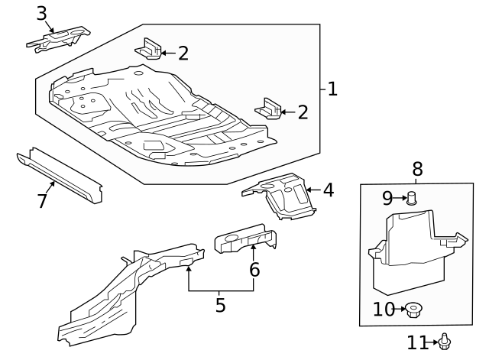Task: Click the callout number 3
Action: tap(41, 14)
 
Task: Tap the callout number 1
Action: tap(332, 89)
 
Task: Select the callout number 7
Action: tap(43, 200)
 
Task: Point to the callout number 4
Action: tap(329, 190)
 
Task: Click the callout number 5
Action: tap(220, 305)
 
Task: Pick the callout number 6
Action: tap(254, 270)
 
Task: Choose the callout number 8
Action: tap(417, 169)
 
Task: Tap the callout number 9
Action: tap(387, 198)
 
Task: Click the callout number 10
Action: tap(384, 309)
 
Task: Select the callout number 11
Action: tap(417, 342)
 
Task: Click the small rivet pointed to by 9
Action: tap(412, 199)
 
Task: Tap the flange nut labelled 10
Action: tap(413, 310)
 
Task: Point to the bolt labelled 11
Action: tap(445, 342)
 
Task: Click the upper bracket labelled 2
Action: tap(148, 49)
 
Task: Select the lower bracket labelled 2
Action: tap(268, 109)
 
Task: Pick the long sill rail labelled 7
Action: tap(60, 175)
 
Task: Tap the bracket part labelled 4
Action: tap(280, 195)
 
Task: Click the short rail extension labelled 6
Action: tap(246, 238)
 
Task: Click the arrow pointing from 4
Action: tap(313, 190)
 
